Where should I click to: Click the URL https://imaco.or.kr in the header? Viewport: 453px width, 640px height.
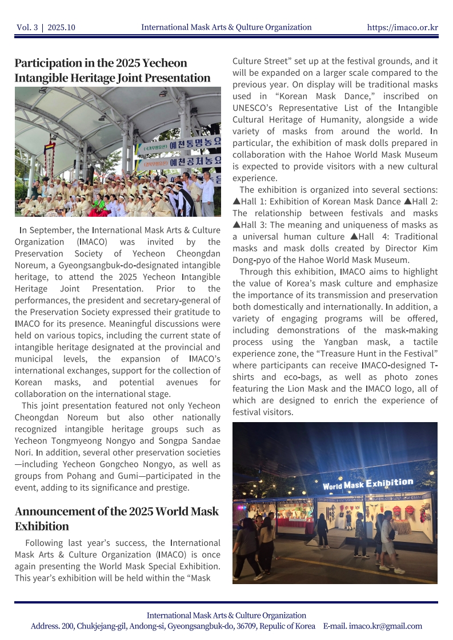(x=402, y=27)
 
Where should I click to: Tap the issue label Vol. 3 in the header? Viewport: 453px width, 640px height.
(x=27, y=27)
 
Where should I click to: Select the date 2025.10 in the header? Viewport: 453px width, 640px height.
(x=61, y=27)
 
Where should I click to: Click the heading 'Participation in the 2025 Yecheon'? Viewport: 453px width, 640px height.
(x=101, y=63)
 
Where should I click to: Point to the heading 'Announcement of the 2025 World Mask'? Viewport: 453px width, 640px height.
(x=117, y=511)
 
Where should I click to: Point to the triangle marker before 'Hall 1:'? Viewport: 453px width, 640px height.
(x=236, y=201)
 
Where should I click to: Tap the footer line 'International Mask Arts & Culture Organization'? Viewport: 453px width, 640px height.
(x=226, y=615)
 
